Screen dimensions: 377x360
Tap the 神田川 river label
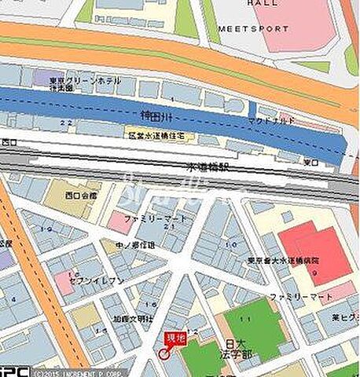tap(154, 115)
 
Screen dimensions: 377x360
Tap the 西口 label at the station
tap(9, 142)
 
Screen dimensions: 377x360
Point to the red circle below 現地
tap(163, 354)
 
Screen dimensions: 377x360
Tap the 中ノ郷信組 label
tap(138, 245)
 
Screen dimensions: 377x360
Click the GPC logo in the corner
tap(15, 370)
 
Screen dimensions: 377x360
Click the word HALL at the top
tap(259, 4)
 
